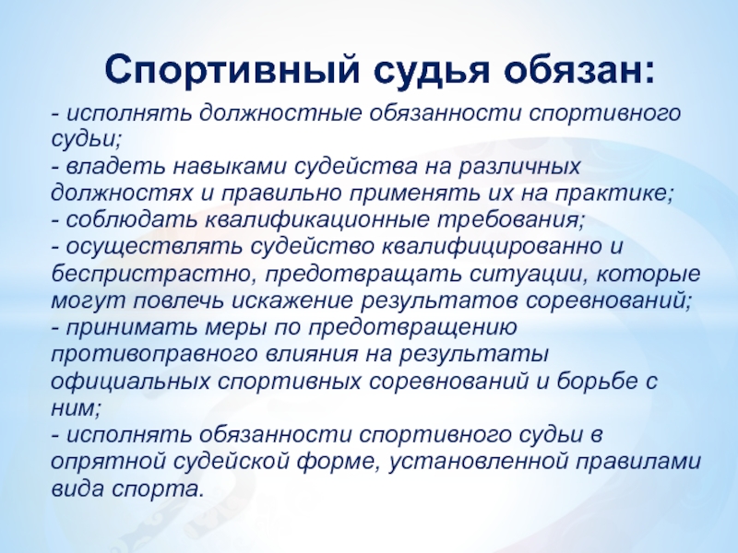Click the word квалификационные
pyautogui.click(x=317, y=220)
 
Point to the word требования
pyautogui.click(x=511, y=220)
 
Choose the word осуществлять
pyautogui.click(x=154, y=247)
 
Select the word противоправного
pyautogui.click(x=154, y=354)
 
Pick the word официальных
pyautogui.click(x=130, y=381)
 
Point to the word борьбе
pyautogui.click(x=593, y=381)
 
